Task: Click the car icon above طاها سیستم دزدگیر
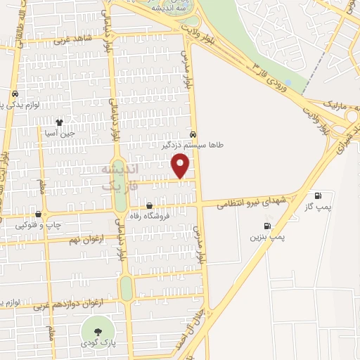click(193, 134)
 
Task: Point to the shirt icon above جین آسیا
click(69, 122)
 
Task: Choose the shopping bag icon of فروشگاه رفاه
click(149, 205)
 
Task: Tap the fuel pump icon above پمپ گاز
click(319, 196)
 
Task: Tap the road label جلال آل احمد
click(200, 323)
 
